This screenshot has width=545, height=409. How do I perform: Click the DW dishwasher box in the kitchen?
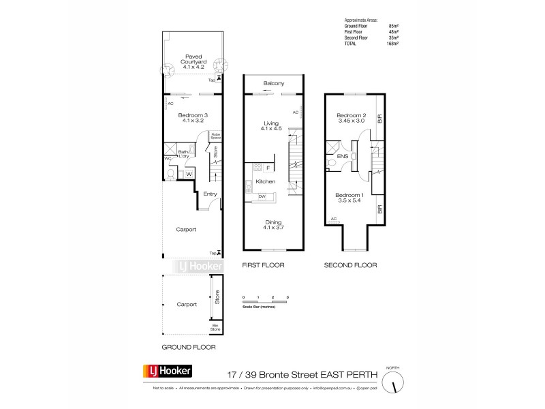tap(262, 197)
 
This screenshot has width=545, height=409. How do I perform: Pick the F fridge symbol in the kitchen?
tap(268, 167)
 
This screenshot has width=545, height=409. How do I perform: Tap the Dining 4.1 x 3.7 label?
tap(272, 226)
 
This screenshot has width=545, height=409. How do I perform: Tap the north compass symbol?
tap(392, 383)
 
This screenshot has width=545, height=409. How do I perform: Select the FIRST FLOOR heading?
tap(264, 265)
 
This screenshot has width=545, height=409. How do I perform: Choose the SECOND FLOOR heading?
tap(349, 265)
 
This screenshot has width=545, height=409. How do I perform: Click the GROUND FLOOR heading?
tap(189, 347)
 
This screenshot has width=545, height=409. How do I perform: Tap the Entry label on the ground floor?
tap(210, 194)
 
